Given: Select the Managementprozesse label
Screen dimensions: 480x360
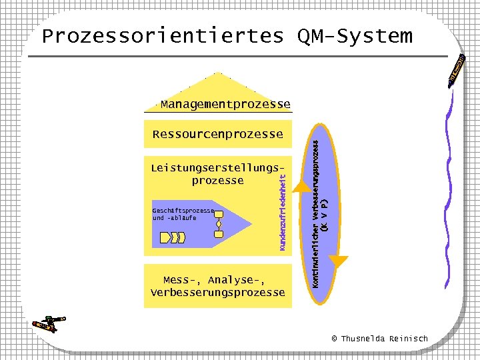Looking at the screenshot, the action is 225,105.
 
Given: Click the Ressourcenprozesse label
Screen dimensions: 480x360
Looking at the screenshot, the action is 218,135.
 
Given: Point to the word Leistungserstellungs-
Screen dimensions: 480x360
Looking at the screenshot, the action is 221,167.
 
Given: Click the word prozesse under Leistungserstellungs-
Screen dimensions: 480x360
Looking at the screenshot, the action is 217,181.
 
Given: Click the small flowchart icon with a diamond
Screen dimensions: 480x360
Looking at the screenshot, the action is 218,224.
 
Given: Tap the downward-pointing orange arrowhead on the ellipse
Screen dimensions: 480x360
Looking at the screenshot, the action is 339,262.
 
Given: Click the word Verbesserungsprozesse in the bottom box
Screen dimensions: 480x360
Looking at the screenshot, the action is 218,293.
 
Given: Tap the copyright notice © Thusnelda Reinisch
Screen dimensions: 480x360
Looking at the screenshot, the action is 380,339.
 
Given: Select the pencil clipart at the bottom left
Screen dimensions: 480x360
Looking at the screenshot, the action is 49,323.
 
